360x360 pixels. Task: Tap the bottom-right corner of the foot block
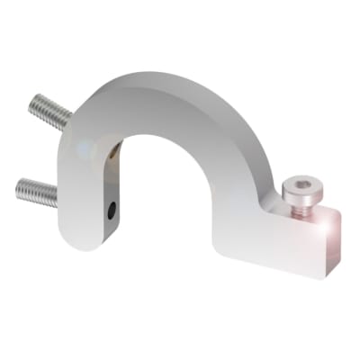tap(336, 274)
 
